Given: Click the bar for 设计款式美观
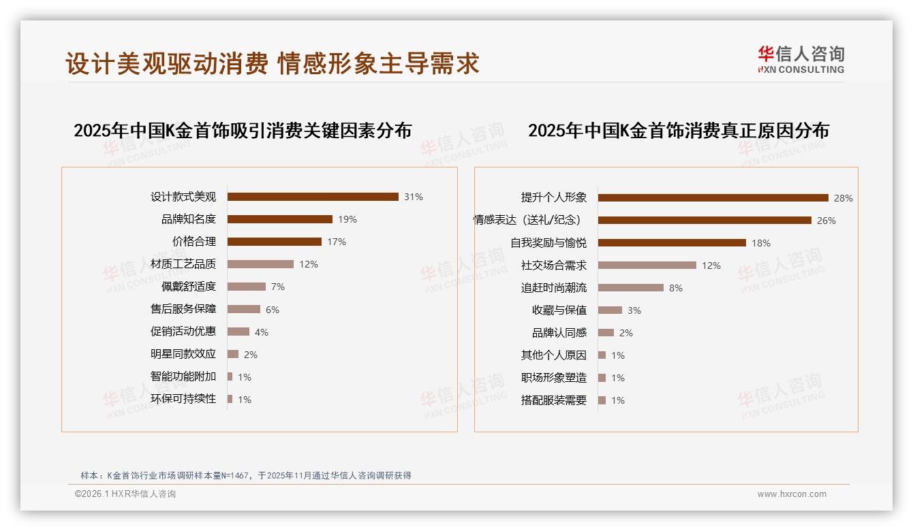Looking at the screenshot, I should [x=313, y=197].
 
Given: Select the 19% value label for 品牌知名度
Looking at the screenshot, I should [x=347, y=219].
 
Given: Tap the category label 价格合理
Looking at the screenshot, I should [x=194, y=242].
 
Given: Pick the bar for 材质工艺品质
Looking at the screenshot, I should [x=260, y=264].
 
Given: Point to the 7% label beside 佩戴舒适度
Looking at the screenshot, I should [x=277, y=287].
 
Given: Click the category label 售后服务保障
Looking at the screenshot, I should [x=183, y=309].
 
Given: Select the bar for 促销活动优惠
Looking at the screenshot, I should [x=238, y=332].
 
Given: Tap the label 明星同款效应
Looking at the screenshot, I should [x=183, y=354].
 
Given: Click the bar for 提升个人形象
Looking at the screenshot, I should [x=713, y=198].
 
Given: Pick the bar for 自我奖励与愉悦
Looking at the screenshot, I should [x=672, y=243].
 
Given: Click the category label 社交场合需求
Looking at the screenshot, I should [x=554, y=265].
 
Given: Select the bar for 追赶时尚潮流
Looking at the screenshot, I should [x=631, y=288].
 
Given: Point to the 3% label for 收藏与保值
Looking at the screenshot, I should [x=634, y=310].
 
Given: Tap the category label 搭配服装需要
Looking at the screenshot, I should [x=554, y=400].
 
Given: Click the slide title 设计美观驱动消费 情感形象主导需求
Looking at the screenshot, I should [x=273, y=63].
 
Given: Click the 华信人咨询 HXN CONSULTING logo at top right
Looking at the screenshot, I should [x=801, y=60].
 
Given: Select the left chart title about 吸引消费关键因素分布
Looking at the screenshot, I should [x=243, y=131].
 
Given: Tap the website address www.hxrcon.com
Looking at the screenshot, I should [x=792, y=494].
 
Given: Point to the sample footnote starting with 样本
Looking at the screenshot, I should [x=246, y=475].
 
